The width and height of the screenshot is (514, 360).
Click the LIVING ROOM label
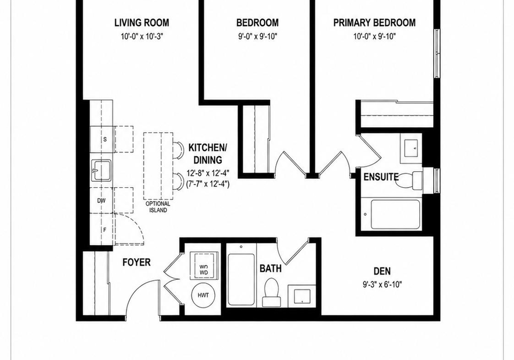[x=141, y=22]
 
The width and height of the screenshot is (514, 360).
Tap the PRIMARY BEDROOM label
[x=374, y=22]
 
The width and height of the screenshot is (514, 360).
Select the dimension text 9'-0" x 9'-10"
[x=258, y=36]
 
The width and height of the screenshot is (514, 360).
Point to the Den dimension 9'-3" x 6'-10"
[x=382, y=285]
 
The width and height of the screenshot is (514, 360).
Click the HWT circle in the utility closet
[x=203, y=295]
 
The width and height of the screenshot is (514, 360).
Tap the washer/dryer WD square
[x=203, y=265]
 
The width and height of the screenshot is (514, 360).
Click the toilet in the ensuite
[x=409, y=181]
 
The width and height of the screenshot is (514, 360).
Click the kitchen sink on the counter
[x=101, y=170]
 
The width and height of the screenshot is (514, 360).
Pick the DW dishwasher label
[x=101, y=201]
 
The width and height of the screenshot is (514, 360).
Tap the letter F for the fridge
[x=105, y=229]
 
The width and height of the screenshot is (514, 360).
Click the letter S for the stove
[x=105, y=139]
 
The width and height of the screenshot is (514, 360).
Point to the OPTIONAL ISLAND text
[x=158, y=206]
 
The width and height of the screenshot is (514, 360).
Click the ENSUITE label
[x=381, y=177]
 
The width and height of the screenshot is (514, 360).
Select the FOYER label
[x=137, y=262]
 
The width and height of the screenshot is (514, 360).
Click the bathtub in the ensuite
[x=395, y=215]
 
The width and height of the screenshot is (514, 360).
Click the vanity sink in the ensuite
[x=411, y=148]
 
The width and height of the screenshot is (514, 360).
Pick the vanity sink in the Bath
[x=302, y=296]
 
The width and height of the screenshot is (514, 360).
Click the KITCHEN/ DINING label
[x=208, y=154]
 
